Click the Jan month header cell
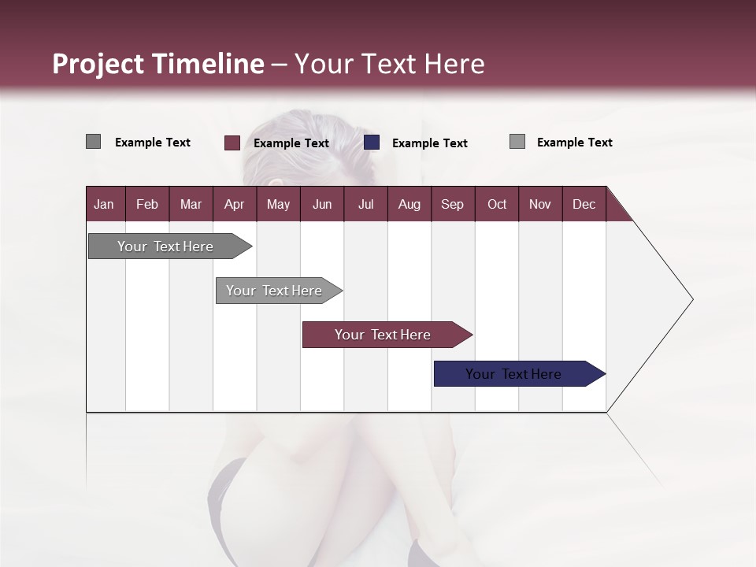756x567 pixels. [105, 204]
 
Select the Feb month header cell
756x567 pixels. [147, 204]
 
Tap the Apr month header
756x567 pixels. [234, 204]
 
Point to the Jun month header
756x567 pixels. [322, 204]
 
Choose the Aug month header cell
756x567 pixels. [409, 204]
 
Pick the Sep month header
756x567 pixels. [452, 204]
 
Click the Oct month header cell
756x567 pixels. [497, 204]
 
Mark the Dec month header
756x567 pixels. [584, 204]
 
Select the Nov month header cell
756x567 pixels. [540, 204]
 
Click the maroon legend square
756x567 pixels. [232, 143]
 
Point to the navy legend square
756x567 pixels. [372, 143]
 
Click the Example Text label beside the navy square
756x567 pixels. [429, 143]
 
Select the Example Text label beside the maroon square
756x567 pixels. [291, 143]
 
